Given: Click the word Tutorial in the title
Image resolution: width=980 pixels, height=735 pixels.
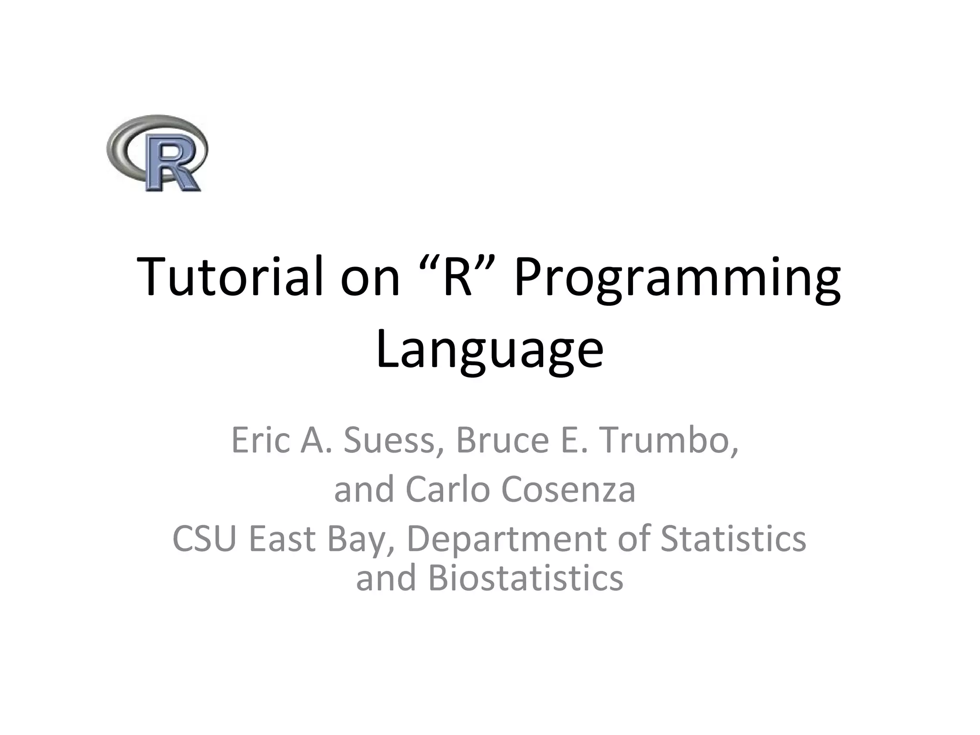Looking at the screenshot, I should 228,278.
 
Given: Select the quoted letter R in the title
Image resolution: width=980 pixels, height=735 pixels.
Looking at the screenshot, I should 457,278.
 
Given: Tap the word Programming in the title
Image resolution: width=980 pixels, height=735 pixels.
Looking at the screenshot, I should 677,280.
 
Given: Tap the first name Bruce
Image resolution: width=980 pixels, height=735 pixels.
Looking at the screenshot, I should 502,440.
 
